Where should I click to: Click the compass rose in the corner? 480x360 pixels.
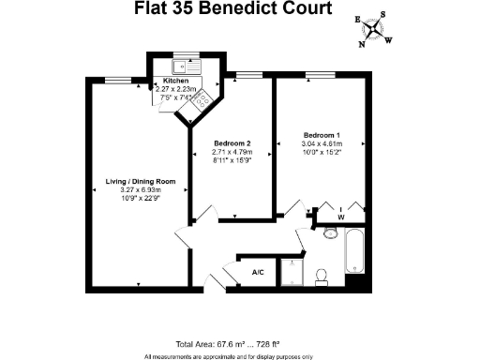click(x=374, y=29)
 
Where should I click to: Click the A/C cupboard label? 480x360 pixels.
click(x=258, y=273)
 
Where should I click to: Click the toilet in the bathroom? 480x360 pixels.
click(x=322, y=275)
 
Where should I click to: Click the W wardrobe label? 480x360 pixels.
click(x=340, y=217)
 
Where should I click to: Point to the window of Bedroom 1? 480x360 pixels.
click(x=320, y=74)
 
